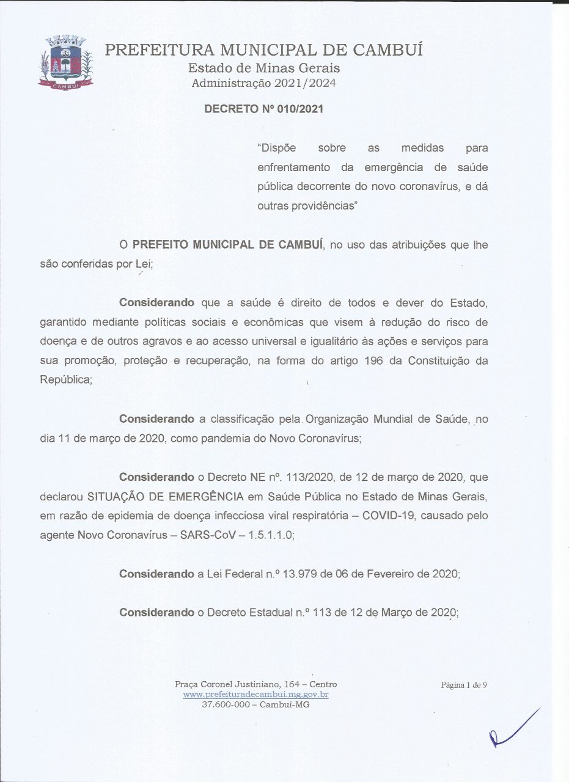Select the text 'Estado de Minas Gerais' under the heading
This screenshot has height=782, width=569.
(x=264, y=68)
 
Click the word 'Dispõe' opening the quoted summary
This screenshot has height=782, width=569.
(x=277, y=148)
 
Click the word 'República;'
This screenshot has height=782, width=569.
(x=67, y=379)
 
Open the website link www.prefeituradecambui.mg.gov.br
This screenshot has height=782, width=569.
(x=256, y=695)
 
